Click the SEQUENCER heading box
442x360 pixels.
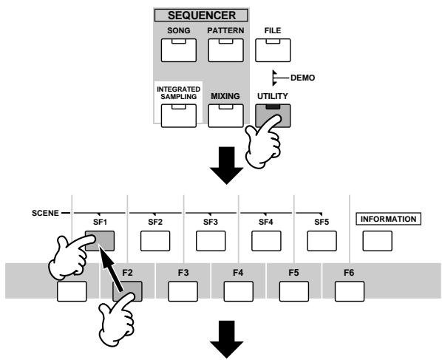click(201, 16)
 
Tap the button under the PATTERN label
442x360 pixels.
click(225, 50)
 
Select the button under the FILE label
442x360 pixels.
click(273, 50)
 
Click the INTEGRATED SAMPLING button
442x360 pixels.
click(179, 115)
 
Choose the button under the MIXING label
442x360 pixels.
click(225, 115)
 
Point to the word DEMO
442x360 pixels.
click(303, 78)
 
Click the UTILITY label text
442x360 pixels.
click(273, 96)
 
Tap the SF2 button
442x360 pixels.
click(155, 241)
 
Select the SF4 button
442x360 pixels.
click(266, 241)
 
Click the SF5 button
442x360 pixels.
click(322, 241)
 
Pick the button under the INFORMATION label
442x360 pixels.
click(378, 241)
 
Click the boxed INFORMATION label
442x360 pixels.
click(389, 219)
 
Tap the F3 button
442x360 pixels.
click(183, 291)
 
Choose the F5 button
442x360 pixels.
click(294, 291)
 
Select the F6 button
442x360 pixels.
click(350, 291)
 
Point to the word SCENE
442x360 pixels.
click(45, 213)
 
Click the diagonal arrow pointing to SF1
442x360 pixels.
click(112, 268)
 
